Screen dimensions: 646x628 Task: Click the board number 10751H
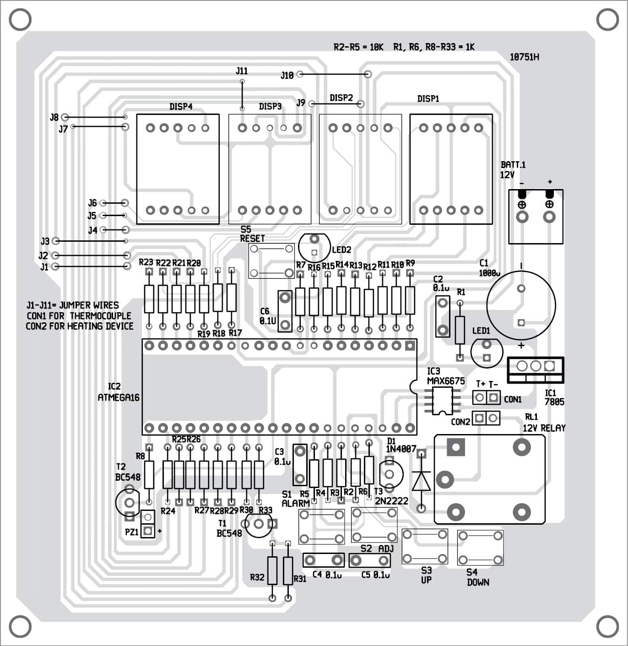[x=524, y=57]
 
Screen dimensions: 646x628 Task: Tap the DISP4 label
[x=181, y=107]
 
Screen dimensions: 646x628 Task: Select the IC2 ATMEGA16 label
[x=118, y=392]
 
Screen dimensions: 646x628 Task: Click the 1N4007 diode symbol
[x=421, y=481]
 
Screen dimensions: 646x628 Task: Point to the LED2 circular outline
[x=314, y=247]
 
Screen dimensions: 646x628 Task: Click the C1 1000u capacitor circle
[x=521, y=305]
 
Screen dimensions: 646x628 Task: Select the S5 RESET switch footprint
[x=271, y=261]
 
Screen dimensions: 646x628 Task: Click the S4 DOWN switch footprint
[x=480, y=548]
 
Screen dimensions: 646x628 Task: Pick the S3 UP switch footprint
[x=425, y=547]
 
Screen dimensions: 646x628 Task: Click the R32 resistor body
[x=272, y=570]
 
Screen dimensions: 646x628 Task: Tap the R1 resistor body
[x=460, y=330]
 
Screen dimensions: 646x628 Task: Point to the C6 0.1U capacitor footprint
[x=285, y=311]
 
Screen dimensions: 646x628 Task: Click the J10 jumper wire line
[x=334, y=74]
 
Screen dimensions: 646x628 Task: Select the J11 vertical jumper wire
[x=242, y=95]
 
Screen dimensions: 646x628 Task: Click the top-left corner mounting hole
[x=20, y=20]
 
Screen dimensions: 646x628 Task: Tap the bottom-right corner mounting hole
[x=607, y=626]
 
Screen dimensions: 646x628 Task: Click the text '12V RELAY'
[x=544, y=428]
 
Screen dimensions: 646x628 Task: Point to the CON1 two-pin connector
[x=486, y=397]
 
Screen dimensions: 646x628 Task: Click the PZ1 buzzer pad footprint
[x=147, y=524]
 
